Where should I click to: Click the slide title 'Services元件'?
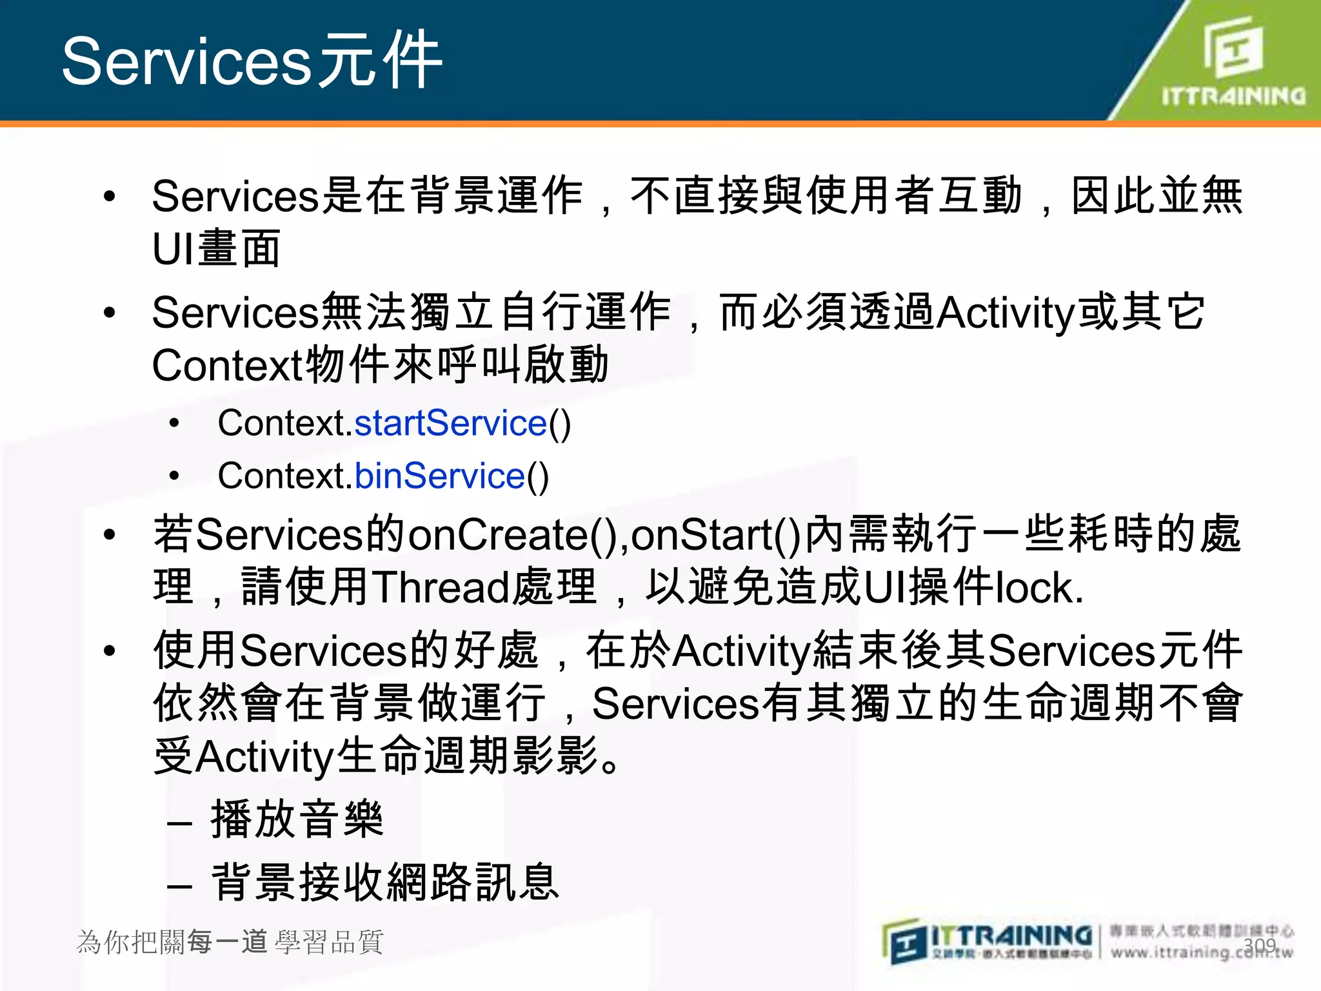(252, 61)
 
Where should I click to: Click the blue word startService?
(451, 424)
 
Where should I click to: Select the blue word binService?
(440, 477)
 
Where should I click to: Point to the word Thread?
(441, 588)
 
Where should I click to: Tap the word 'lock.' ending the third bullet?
(1040, 588)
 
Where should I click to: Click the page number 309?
(1260, 946)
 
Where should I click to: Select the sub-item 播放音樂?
(297, 820)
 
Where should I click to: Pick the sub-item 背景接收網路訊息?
(385, 883)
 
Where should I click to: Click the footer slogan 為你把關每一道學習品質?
(230, 942)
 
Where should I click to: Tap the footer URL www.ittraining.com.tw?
(1201, 952)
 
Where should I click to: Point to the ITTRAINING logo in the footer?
(987, 941)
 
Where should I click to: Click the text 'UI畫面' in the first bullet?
(216, 249)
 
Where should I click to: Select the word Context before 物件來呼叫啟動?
(227, 366)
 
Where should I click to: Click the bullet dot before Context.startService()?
(174, 424)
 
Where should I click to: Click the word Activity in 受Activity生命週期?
(264, 757)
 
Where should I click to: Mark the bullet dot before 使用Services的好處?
(110, 650)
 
